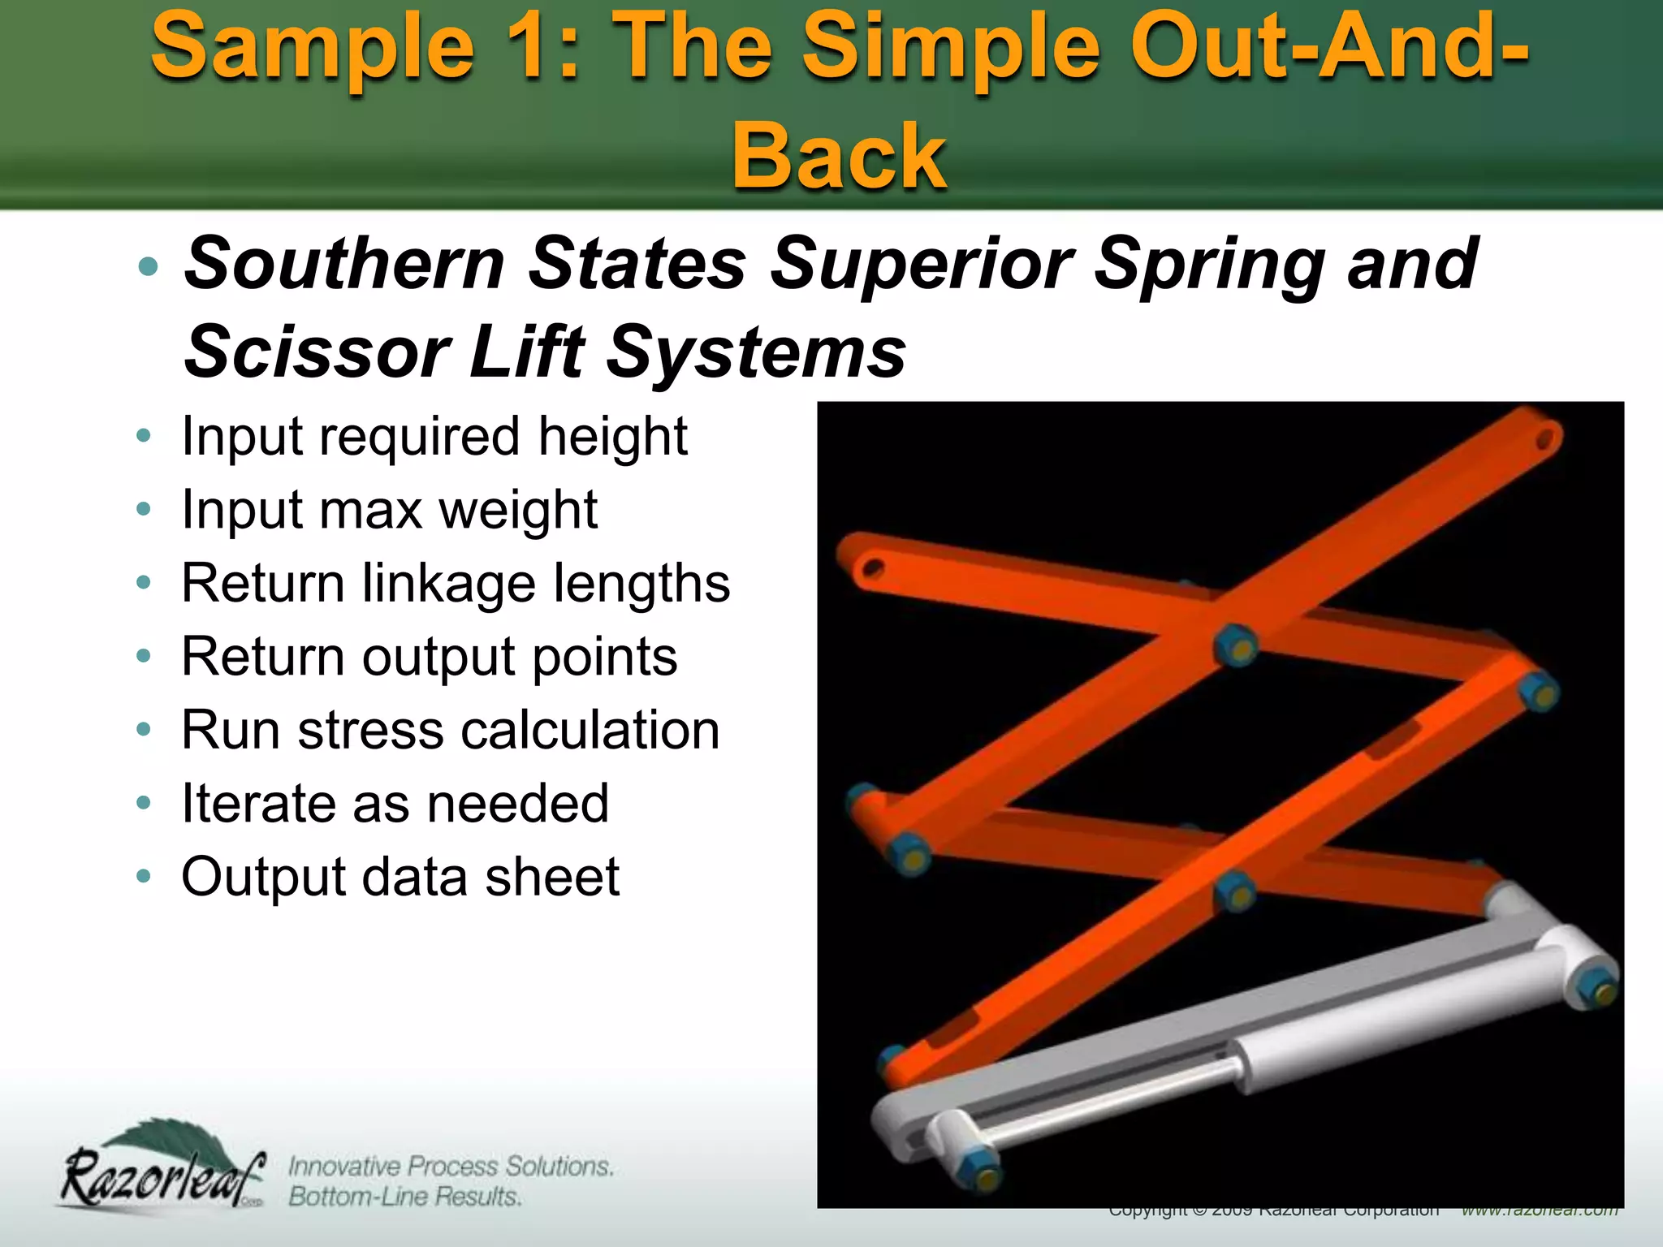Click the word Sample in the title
pyautogui.click(x=313, y=49)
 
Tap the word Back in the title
pyautogui.click(x=839, y=156)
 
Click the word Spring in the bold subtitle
pyautogui.click(x=1210, y=265)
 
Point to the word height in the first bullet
pyautogui.click(x=612, y=437)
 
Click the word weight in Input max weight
pyautogui.click(x=518, y=511)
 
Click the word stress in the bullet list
pyautogui.click(x=370, y=730)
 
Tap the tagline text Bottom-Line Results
pyautogui.click(x=404, y=1197)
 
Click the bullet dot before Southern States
pyautogui.click(x=148, y=266)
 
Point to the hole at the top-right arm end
pyautogui.click(x=1544, y=439)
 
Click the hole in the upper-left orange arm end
pyautogui.click(x=873, y=567)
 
